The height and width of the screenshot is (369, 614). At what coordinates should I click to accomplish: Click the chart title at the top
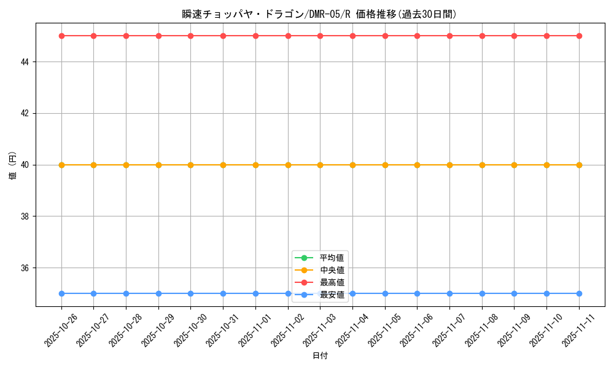pyautogui.click(x=319, y=14)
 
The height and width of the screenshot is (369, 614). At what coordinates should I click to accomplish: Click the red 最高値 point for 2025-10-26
pyautogui.click(x=61, y=36)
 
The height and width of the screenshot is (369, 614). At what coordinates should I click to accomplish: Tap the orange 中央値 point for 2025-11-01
pyautogui.click(x=255, y=165)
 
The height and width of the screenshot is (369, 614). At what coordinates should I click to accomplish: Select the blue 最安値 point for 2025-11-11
pyautogui.click(x=579, y=293)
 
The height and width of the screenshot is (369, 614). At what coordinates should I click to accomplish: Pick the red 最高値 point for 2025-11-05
pyautogui.click(x=385, y=36)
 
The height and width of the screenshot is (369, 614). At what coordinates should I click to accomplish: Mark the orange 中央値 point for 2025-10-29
pyautogui.click(x=158, y=165)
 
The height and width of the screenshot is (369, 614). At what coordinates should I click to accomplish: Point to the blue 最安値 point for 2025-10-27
pyautogui.click(x=93, y=293)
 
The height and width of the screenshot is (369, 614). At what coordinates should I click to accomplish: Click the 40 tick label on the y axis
pyautogui.click(x=26, y=165)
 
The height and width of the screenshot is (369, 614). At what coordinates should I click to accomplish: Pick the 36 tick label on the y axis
pyautogui.click(x=26, y=268)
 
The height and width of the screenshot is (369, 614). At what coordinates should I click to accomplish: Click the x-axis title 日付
pyautogui.click(x=320, y=356)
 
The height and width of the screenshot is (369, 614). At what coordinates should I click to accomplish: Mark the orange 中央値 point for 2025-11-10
pyautogui.click(x=546, y=165)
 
